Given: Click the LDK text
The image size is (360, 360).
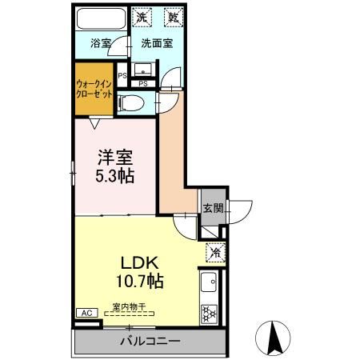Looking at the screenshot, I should tap(142, 263).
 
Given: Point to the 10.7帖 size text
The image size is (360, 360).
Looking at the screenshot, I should tap(142, 282).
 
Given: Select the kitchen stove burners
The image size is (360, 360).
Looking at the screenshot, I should tap(209, 313).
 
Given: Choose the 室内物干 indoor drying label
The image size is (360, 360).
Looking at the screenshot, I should tap(128, 306).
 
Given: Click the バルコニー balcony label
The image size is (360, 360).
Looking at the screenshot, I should tap(150, 341).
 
